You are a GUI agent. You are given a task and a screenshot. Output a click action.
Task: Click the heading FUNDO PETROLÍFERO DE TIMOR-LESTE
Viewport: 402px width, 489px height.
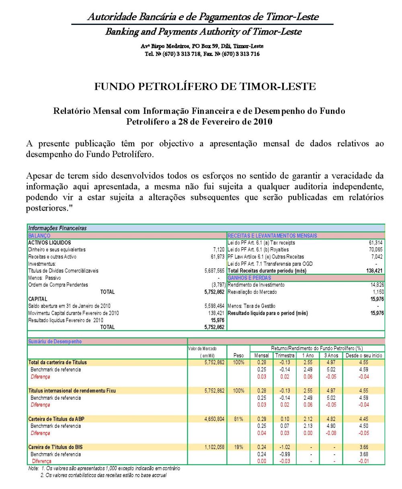205,86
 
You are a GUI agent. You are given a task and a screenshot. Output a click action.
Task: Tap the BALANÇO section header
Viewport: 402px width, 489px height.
39,235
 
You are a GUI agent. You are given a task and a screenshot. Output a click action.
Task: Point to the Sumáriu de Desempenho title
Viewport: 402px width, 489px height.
49,341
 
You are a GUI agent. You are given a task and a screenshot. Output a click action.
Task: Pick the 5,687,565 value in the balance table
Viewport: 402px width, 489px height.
214,271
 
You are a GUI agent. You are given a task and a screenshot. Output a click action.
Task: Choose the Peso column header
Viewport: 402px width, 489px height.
238,355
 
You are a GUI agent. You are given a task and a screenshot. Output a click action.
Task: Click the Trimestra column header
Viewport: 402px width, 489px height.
284,355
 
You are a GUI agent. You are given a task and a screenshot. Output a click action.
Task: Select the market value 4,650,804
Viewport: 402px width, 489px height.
214,419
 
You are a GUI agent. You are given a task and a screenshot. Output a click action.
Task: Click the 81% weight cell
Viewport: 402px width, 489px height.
238,419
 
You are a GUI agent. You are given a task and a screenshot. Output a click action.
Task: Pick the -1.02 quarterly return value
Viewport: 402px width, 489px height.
284,447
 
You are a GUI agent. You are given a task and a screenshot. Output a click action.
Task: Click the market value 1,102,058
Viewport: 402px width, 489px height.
214,447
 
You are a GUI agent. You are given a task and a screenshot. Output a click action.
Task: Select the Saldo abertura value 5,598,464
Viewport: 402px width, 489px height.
214,306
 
